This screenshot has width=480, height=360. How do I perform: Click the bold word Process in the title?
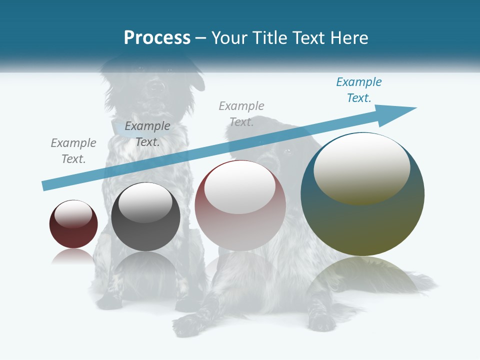(157, 38)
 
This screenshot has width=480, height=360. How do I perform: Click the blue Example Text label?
(359, 90)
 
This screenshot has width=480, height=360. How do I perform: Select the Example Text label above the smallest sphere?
(73, 151)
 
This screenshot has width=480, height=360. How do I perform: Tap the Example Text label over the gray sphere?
(147, 134)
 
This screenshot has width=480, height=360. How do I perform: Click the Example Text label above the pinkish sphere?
(241, 113)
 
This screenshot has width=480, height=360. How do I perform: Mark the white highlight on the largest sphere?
(361, 167)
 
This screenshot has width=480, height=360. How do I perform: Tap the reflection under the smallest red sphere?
(73, 256)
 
